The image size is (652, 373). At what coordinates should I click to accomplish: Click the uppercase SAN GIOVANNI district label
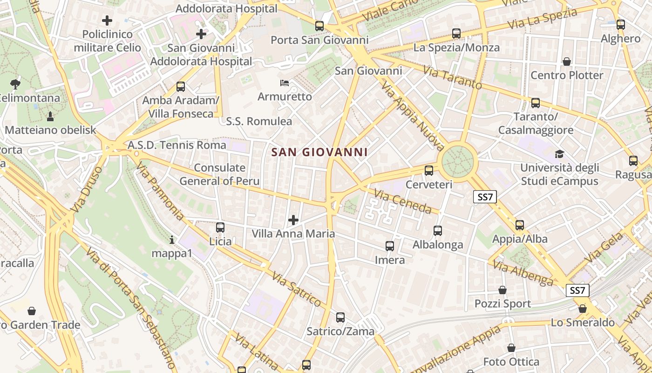pos(319,152)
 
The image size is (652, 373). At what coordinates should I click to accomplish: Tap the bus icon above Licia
pos(220,228)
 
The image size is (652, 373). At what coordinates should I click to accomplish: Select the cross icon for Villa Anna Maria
pos(293,220)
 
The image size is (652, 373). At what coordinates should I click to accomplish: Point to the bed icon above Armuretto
pos(285,83)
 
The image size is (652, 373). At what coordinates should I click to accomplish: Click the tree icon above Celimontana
pos(15,84)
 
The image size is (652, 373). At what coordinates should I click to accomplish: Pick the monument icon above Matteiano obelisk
pos(50,116)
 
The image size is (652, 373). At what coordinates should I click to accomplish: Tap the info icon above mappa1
pos(172,240)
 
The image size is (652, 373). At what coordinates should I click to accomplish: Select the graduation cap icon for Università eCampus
pos(559,154)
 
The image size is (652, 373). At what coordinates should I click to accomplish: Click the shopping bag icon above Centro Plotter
pos(567,62)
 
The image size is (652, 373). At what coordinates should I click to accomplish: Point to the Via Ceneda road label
pos(403,201)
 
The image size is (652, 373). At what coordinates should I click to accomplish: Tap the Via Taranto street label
pos(452,77)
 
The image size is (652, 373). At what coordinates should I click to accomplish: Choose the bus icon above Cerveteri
pos(429,171)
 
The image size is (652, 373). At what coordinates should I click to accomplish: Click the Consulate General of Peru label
pos(220,174)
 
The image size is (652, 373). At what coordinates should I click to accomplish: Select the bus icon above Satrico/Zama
pos(340,318)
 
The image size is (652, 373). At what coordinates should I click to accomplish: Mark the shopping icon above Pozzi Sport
pos(503,290)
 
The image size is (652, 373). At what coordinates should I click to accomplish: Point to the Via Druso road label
pos(87,192)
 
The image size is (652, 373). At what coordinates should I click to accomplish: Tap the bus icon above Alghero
pos(621,25)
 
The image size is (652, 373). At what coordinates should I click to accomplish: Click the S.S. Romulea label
pos(259,122)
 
